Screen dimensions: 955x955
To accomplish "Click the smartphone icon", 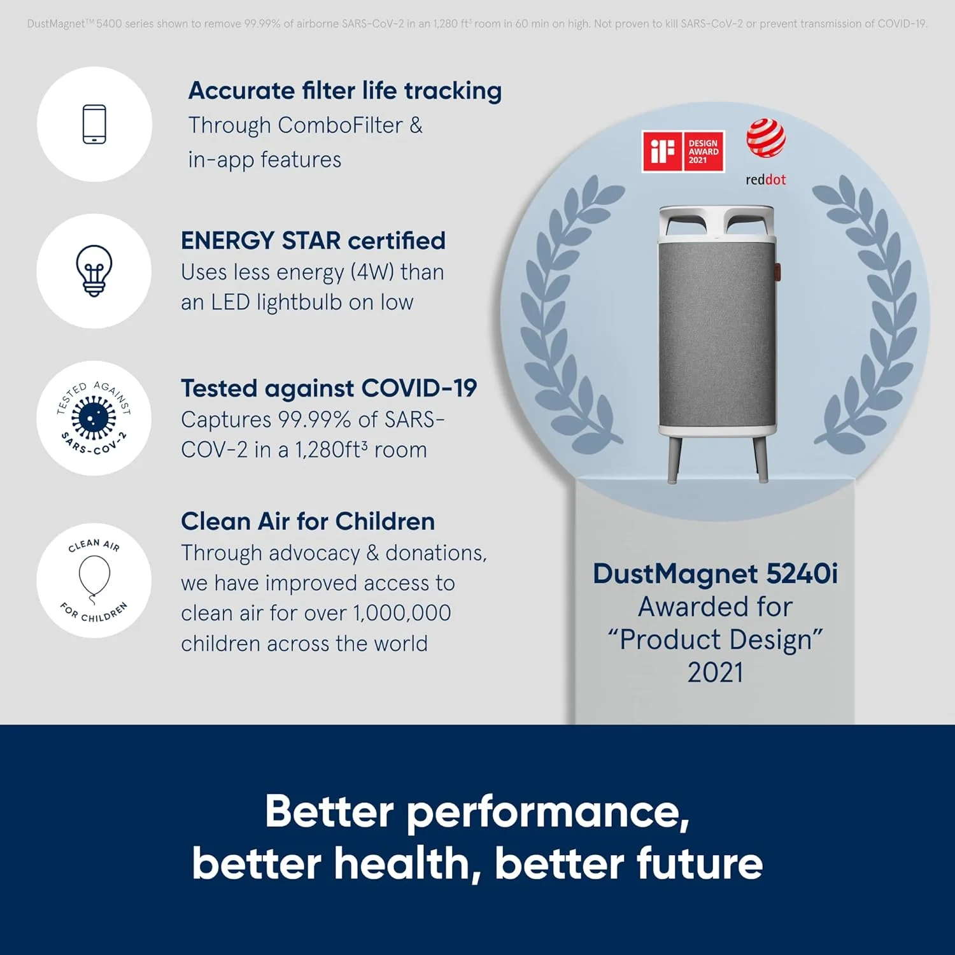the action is (94, 124).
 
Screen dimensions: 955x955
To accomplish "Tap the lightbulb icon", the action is (94, 271).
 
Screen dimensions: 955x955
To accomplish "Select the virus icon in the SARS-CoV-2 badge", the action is (94, 418).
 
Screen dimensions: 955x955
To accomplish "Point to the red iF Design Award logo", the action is (683, 152).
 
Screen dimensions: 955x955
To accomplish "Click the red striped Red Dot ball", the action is (766, 138).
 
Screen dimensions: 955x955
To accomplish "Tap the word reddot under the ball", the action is (766, 180).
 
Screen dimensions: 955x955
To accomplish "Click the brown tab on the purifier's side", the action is (778, 270).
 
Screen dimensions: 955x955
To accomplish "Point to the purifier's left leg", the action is (674, 458).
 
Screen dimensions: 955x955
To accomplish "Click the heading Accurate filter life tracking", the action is (345, 91).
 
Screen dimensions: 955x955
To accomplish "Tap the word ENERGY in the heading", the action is (227, 241).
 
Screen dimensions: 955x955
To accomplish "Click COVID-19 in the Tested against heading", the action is (419, 388).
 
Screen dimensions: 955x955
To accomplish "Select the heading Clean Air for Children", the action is (308, 521).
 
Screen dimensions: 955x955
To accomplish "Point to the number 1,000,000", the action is (402, 612).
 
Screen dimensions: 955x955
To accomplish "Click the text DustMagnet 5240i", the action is (715, 574).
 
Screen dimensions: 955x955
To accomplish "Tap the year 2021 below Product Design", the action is (715, 672).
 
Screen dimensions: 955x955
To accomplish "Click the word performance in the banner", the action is (548, 813).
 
